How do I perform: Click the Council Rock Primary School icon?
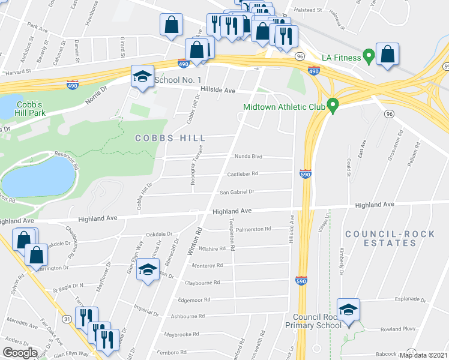point(348,310)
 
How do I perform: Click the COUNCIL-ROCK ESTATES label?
point(381,238)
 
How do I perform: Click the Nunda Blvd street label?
point(249,157)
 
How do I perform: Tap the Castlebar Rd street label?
point(242,174)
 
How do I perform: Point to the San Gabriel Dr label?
point(237,192)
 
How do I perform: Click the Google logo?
point(20,353)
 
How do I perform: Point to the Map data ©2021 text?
point(423,355)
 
